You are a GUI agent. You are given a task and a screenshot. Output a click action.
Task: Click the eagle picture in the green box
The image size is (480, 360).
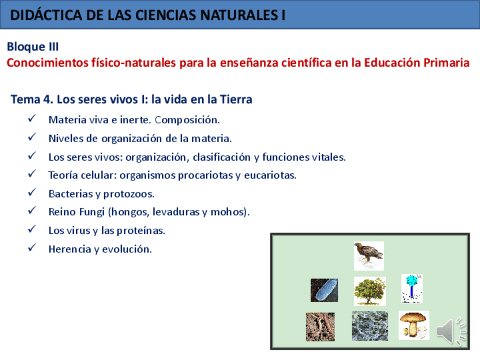coord(368,256)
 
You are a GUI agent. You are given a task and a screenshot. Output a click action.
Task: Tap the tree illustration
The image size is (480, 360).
coord(370,291)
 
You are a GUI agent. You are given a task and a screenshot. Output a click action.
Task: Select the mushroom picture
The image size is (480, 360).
coord(414,325)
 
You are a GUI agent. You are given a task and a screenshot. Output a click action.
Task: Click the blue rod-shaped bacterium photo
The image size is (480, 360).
coord(324,290)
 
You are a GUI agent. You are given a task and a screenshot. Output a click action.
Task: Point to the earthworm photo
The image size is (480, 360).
coord(320,327)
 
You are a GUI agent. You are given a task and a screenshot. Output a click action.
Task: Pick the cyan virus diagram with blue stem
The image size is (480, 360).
coord(412,289)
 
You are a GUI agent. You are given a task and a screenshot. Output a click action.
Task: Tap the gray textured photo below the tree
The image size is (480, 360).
coord(370,326)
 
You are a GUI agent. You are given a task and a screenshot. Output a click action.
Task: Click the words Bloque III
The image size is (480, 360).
coord(33,47)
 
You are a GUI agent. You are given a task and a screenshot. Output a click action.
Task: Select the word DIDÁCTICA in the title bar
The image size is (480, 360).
coord(46,15)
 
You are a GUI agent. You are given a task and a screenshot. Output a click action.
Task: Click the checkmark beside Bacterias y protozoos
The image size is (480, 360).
coord(32,192)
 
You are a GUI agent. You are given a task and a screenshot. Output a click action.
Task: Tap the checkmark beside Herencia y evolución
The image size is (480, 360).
coord(32,247)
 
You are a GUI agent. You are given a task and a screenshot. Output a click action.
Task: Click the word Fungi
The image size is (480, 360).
coord(92,212)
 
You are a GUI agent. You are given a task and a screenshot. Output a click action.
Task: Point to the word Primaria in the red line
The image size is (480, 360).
coord(447,63)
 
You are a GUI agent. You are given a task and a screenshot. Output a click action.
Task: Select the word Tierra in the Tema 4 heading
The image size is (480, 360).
coord(236,100)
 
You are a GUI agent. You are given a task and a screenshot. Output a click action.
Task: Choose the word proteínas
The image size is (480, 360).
coord(141,230)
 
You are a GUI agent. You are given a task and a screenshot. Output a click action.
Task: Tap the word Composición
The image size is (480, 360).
coord(187,120)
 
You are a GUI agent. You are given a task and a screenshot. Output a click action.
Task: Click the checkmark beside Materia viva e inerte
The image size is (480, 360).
coord(32,118)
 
